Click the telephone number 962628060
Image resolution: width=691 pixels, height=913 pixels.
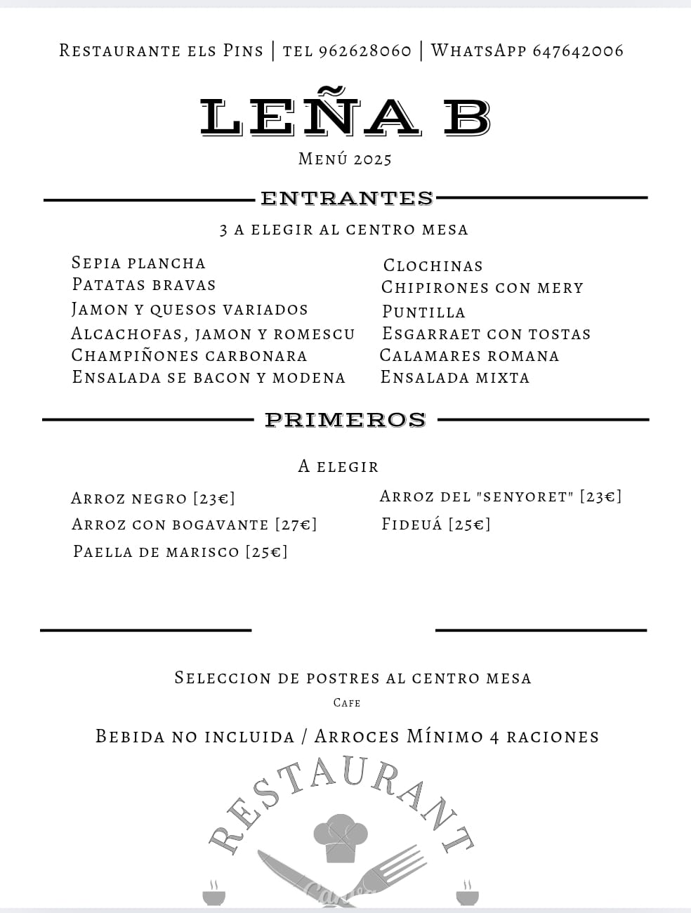click(x=364, y=51)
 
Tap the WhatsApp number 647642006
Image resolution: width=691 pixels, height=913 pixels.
click(x=577, y=51)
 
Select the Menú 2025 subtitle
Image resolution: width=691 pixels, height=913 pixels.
click(x=345, y=159)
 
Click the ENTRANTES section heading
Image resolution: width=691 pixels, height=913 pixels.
click(x=347, y=199)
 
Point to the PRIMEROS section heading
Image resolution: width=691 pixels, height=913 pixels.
click(x=345, y=420)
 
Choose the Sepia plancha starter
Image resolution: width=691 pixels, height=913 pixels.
click(x=138, y=263)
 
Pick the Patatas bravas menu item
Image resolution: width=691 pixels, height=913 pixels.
click(x=144, y=285)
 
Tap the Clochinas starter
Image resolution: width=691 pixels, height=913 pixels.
click(x=433, y=266)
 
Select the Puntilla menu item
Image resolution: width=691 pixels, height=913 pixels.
click(x=423, y=312)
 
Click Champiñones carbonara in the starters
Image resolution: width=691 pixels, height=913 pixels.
click(x=189, y=356)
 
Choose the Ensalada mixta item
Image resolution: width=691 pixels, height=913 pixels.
click(x=454, y=378)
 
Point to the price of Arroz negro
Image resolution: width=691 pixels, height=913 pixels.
click(x=214, y=499)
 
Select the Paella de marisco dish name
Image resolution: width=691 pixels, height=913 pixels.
click(x=156, y=552)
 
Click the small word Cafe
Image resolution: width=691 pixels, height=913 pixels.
click(x=347, y=703)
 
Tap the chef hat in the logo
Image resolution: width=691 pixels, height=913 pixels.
click(x=341, y=836)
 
